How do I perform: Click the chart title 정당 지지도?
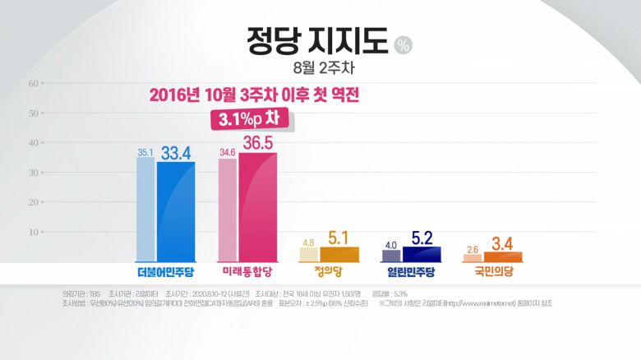coord(316,40)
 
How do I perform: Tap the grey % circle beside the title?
coord(403,45)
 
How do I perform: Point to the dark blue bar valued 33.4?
coord(176,211)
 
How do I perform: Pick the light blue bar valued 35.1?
coord(145,210)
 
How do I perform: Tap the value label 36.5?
coord(258,143)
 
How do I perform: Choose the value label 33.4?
coord(176,152)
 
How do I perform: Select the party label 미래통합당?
coord(247,271)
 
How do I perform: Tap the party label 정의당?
coord(330,271)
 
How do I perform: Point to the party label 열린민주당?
coord(411,271)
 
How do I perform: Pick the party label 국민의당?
coord(493,271)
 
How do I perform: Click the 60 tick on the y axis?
coord(34,83)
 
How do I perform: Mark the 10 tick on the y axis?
coord(34,232)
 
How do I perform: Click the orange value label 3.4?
coord(503,242)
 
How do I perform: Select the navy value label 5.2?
coord(422,237)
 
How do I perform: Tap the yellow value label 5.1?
coord(339,238)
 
